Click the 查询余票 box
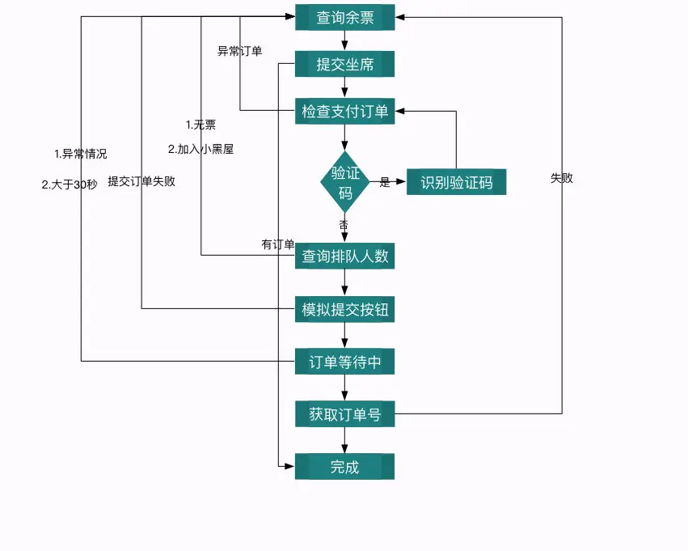pos(344,17)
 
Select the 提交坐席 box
pos(344,64)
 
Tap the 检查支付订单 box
pos(344,111)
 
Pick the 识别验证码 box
pos(456,182)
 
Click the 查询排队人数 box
pos(344,256)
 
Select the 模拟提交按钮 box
pos(344,309)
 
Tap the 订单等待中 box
pos(344,362)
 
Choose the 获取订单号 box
pos(344,414)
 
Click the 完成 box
pos(344,467)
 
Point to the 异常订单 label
pos(240,51)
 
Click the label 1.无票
pos(200,125)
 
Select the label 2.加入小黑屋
pos(200,149)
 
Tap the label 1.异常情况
pos(80,154)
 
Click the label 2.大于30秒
pos(70,184)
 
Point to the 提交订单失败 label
pos(141,181)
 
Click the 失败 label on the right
pos(562,178)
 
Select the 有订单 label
pos(277,244)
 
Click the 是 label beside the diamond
pos(385,183)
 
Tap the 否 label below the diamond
pos(344,224)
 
